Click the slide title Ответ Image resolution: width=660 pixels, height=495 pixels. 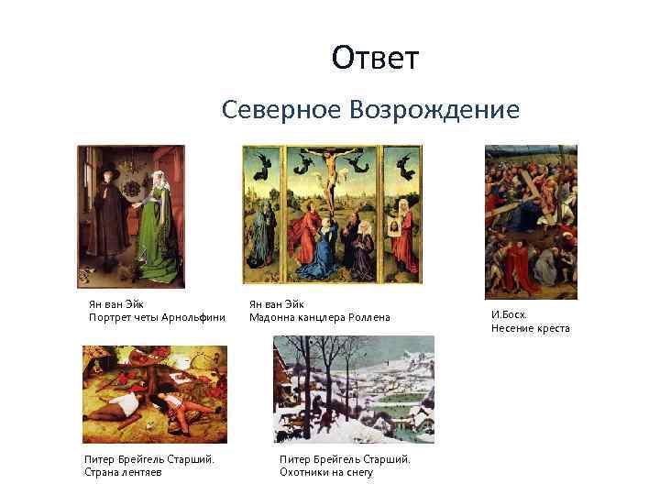(x=375, y=59)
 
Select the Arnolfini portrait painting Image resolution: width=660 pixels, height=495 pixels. (x=129, y=215)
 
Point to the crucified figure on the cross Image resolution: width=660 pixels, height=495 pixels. (x=331, y=174)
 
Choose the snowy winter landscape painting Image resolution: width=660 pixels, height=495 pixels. (x=354, y=389)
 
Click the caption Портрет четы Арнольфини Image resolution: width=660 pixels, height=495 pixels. (x=157, y=318)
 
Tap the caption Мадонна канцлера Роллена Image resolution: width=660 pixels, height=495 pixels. (x=320, y=318)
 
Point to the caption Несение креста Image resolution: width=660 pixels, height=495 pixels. (x=530, y=328)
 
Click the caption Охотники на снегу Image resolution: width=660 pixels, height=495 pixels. (x=326, y=473)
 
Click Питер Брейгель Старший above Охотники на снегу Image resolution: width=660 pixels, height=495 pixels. (x=345, y=459)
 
